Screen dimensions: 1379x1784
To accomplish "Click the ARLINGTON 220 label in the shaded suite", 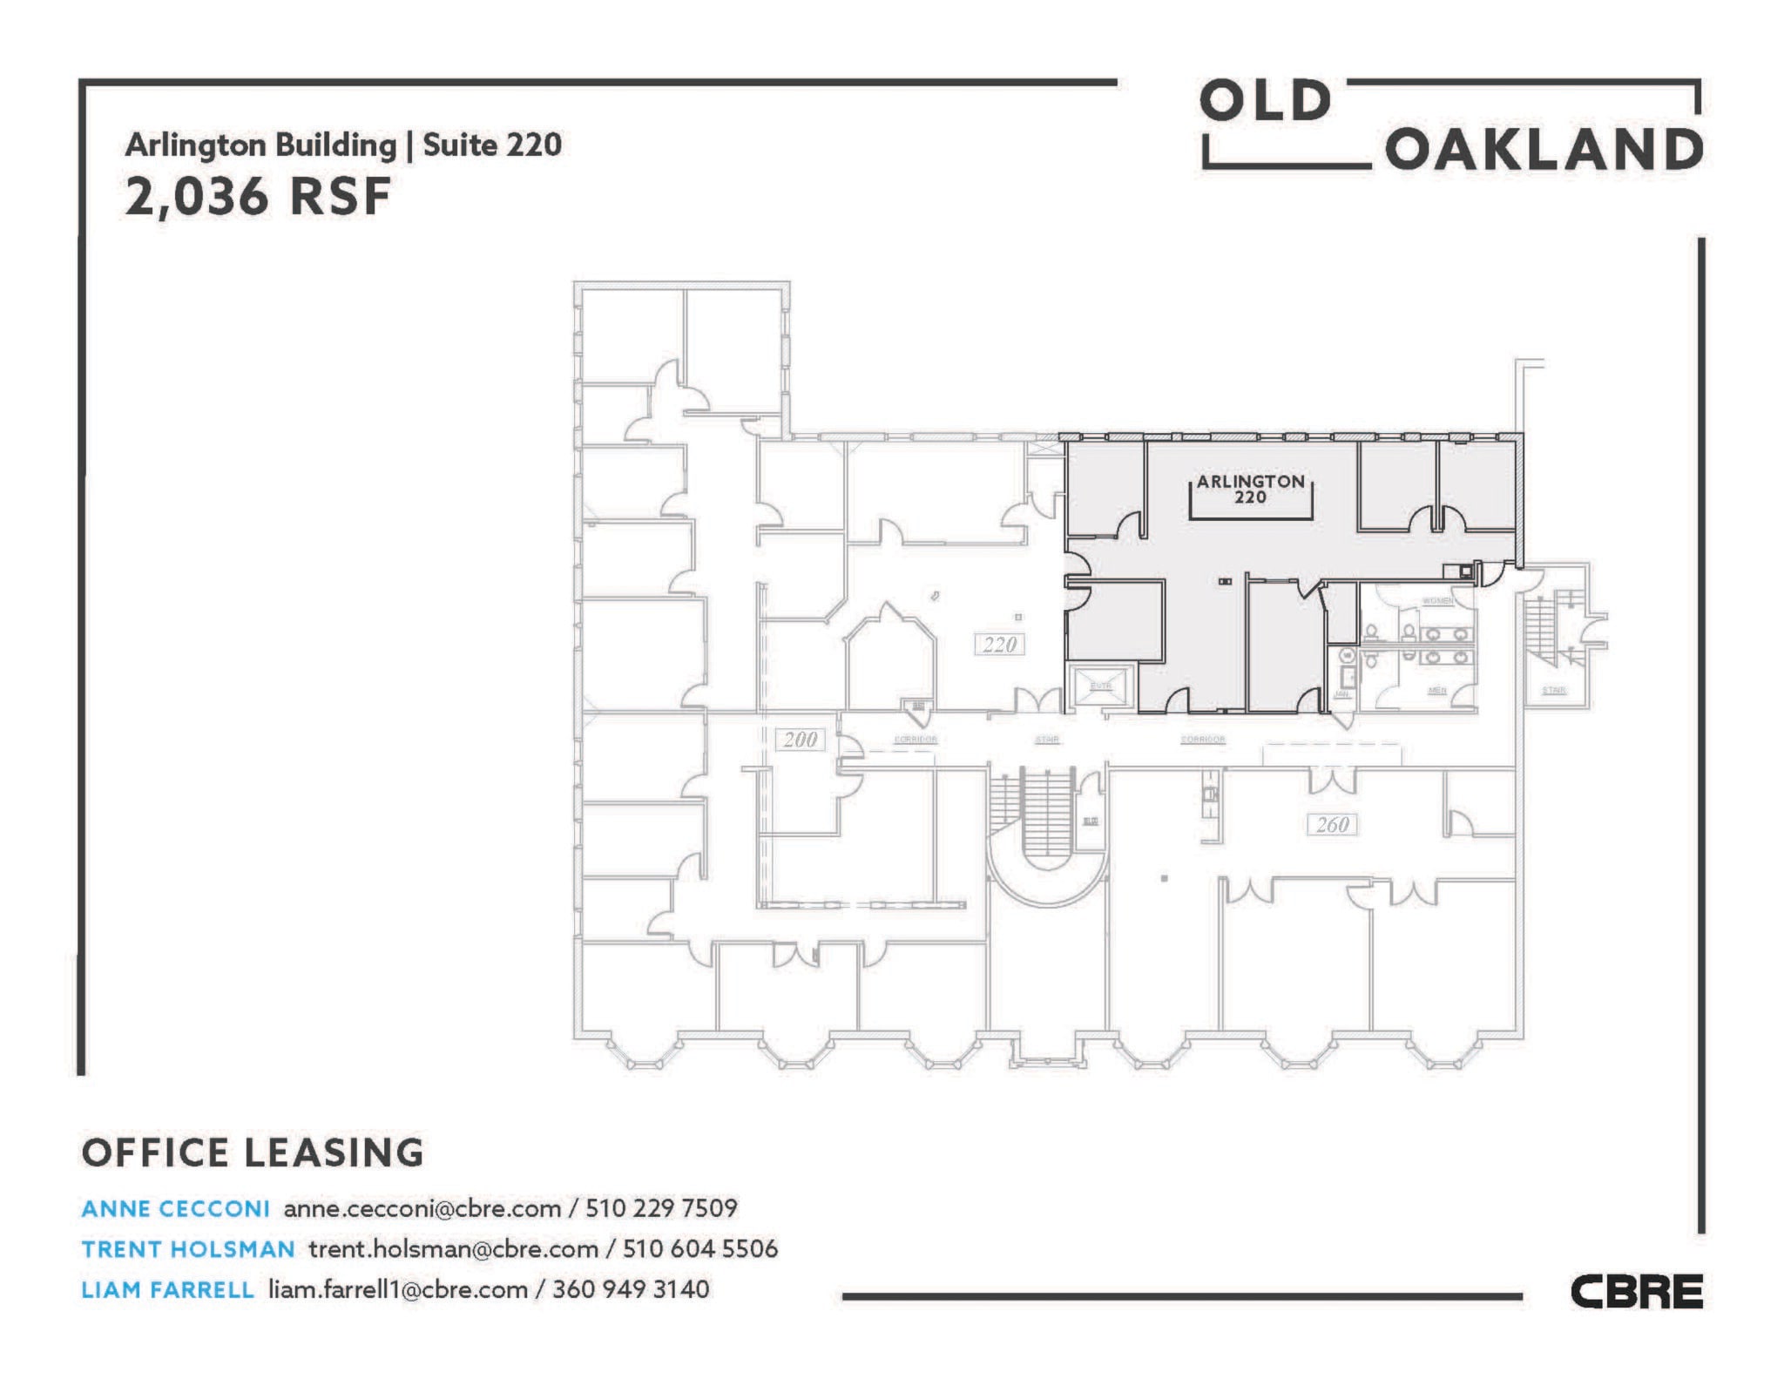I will (x=1250, y=490).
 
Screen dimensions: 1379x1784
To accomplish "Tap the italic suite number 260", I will (x=1332, y=824).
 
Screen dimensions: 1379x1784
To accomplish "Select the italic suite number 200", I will (x=800, y=740).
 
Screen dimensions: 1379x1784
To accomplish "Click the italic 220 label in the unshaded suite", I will (x=999, y=645).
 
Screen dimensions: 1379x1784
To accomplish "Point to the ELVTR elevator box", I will (x=1101, y=686).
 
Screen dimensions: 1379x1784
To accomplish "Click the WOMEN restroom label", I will (x=1437, y=601).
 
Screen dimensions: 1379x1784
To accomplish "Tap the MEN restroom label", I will (x=1436, y=690).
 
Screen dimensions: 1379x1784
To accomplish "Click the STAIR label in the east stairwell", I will (x=1553, y=690).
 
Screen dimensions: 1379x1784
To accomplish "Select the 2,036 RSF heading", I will (x=258, y=196).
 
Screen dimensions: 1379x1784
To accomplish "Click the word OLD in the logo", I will (x=1265, y=102).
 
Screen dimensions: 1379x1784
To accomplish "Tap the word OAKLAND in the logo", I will (x=1543, y=150).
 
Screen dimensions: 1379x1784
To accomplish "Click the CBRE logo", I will (x=1636, y=1291).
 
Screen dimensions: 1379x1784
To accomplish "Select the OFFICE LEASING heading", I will (x=253, y=1153).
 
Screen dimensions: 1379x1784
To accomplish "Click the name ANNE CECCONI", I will (x=175, y=1208).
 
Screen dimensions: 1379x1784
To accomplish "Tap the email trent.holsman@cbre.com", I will (x=453, y=1249).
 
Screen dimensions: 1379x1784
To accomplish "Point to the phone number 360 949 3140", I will (x=631, y=1289).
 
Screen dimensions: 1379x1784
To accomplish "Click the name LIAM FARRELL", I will (x=167, y=1289).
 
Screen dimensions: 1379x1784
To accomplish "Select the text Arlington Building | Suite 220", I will (x=343, y=145).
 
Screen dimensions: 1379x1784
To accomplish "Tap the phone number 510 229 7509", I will (x=661, y=1208).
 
